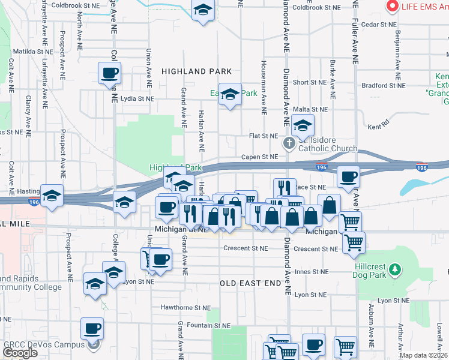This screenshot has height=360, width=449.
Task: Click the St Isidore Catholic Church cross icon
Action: tap(289, 143)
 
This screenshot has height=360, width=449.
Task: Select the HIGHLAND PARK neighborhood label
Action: tap(196, 71)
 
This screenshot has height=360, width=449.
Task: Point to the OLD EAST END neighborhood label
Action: tap(250, 283)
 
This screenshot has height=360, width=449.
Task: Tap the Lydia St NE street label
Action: tap(137, 98)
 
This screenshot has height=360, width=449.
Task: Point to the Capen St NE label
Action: tap(259, 157)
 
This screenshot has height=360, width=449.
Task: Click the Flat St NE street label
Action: tap(264, 136)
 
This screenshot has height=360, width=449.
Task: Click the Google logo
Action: tap(20, 353)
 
